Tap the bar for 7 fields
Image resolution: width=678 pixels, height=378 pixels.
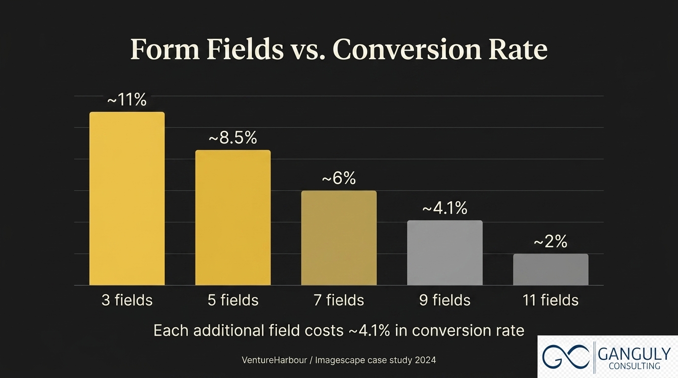[x=339, y=238]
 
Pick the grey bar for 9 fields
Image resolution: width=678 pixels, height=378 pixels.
[x=444, y=252]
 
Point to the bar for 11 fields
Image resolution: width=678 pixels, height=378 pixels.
[x=550, y=269]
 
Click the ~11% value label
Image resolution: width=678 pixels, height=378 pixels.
[x=127, y=100]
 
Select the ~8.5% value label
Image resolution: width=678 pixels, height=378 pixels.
[x=233, y=138]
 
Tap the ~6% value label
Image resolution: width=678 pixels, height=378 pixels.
[x=339, y=178]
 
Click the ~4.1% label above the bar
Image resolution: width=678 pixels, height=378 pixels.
[x=444, y=208]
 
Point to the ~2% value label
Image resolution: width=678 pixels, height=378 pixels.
[x=550, y=242]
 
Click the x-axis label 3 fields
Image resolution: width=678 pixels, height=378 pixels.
[x=127, y=300]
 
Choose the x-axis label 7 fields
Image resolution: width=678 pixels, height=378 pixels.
[x=339, y=300]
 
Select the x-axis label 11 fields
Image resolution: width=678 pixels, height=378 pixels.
[x=550, y=300]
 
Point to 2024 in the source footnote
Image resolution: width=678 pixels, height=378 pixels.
[x=425, y=360]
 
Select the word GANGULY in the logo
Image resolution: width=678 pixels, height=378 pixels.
[x=634, y=353]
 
